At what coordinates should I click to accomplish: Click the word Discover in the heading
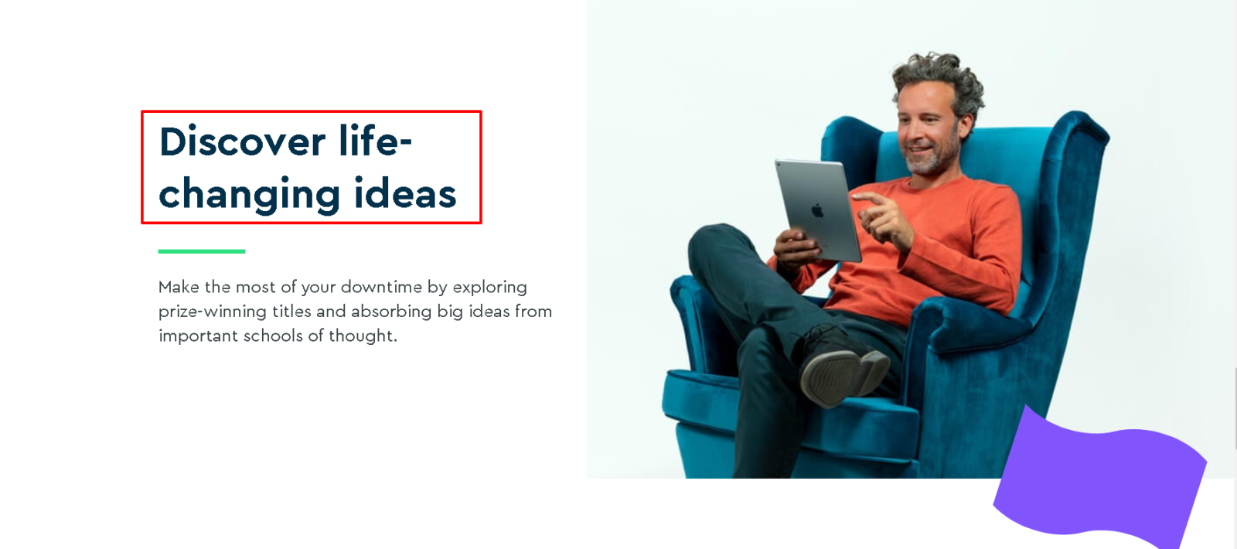[x=242, y=142]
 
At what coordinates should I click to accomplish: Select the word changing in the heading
[x=249, y=195]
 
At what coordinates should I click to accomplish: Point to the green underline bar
[x=202, y=251]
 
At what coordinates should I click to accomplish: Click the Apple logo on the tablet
[x=817, y=210]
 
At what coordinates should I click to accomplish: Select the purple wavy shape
[x=1099, y=479]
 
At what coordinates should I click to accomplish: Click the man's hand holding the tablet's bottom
[x=796, y=248]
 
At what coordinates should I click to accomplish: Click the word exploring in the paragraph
[x=490, y=288]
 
